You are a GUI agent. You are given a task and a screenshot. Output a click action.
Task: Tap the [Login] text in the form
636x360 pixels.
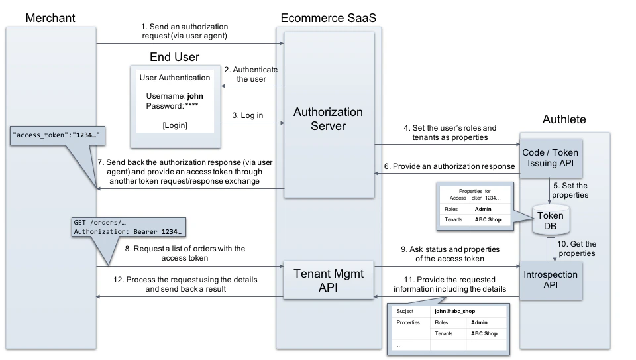pyautogui.click(x=175, y=125)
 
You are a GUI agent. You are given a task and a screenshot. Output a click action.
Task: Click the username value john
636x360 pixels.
pyautogui.click(x=195, y=95)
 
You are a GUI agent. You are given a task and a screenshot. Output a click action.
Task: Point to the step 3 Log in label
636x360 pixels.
pyautogui.click(x=247, y=115)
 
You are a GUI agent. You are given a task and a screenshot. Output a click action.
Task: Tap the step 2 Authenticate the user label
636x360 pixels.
pyautogui.click(x=250, y=74)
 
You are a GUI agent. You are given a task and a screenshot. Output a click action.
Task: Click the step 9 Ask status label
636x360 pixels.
pyautogui.click(x=448, y=253)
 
